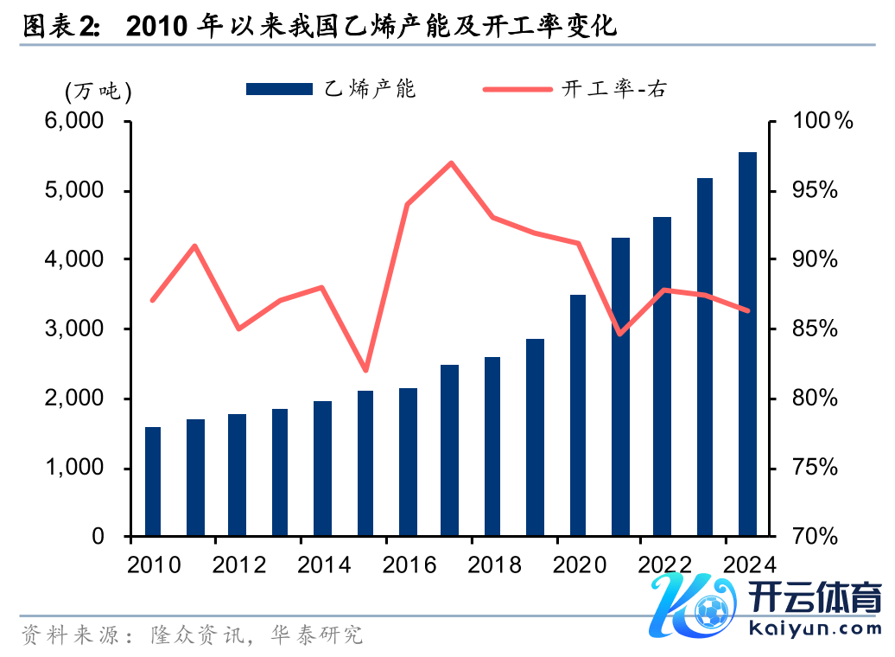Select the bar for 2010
(153, 482)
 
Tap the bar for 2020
(577, 415)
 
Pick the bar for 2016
(408, 462)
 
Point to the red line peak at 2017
(451, 163)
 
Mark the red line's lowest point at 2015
(365, 370)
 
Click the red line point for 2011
(195, 246)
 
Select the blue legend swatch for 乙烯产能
(277, 89)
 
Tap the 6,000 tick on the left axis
(84, 121)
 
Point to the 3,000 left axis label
(84, 329)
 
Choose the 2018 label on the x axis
(494, 565)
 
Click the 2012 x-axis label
(238, 565)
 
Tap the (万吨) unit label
(98, 90)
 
